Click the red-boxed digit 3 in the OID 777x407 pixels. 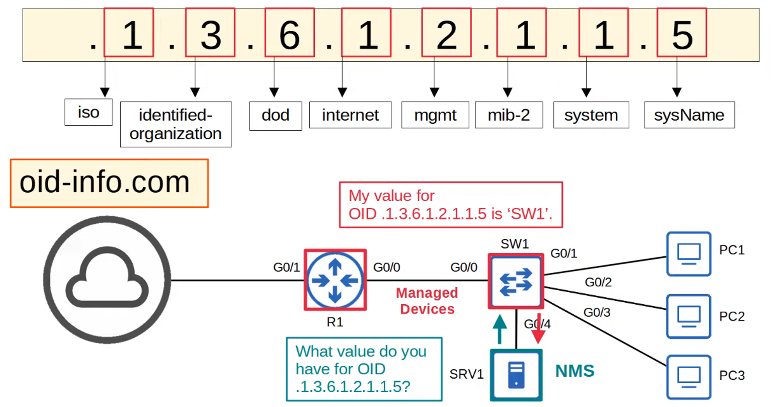[x=210, y=33]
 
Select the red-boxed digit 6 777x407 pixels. [x=289, y=33]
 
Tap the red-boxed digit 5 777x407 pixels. [x=682, y=33]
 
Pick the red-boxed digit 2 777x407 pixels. [x=446, y=33]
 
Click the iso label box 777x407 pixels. [x=89, y=112]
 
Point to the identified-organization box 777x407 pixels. [x=176, y=124]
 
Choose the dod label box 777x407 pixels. [x=275, y=116]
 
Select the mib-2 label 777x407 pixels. [x=509, y=115]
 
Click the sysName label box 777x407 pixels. [x=689, y=115]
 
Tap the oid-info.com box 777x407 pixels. [x=109, y=183]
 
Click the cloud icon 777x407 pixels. [x=107, y=280]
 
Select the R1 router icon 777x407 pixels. [x=335, y=280]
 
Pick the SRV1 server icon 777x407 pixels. [x=516, y=375]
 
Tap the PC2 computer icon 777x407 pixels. [x=689, y=316]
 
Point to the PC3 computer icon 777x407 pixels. [x=689, y=377]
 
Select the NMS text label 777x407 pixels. [x=575, y=371]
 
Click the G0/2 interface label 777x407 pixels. [x=598, y=282]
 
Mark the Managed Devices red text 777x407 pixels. [x=427, y=301]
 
